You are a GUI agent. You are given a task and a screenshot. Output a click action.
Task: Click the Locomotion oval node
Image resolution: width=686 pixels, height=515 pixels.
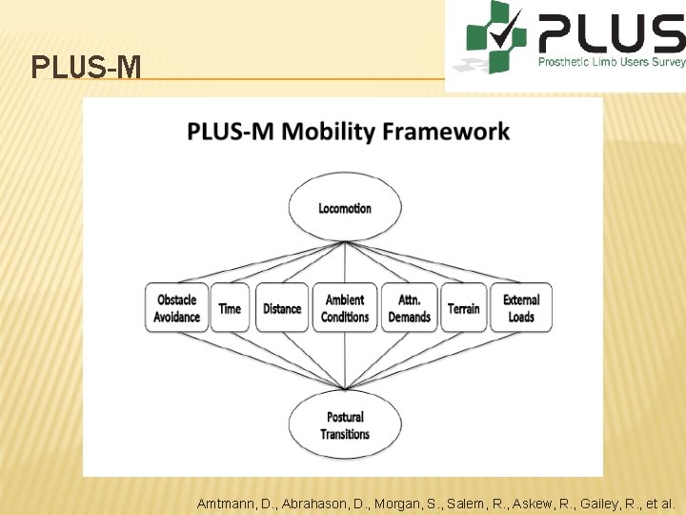pos(344,208)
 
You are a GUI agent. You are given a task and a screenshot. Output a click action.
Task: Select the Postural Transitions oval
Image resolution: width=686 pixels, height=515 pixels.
pos(344,425)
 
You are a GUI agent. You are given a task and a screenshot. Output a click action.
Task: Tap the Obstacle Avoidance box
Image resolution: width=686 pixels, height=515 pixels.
pos(176,308)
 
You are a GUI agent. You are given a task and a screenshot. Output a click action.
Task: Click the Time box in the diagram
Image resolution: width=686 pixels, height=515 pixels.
pos(230,308)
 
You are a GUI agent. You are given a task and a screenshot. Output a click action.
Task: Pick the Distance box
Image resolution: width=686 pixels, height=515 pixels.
pos(282,308)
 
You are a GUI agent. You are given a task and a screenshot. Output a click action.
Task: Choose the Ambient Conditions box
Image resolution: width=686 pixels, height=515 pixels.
pos(344,308)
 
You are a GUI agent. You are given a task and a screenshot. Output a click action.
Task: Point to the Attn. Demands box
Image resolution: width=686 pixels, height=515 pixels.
pos(410,308)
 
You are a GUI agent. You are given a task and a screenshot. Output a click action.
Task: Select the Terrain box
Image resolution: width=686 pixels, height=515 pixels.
pos(464,308)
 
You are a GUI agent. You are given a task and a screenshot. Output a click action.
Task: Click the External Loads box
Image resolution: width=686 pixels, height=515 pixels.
pos(521,308)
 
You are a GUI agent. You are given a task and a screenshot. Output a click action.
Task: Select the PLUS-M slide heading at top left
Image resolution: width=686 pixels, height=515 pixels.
pos(87,68)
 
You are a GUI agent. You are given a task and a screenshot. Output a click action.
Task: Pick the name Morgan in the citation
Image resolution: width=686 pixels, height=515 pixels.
pos(390,503)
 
